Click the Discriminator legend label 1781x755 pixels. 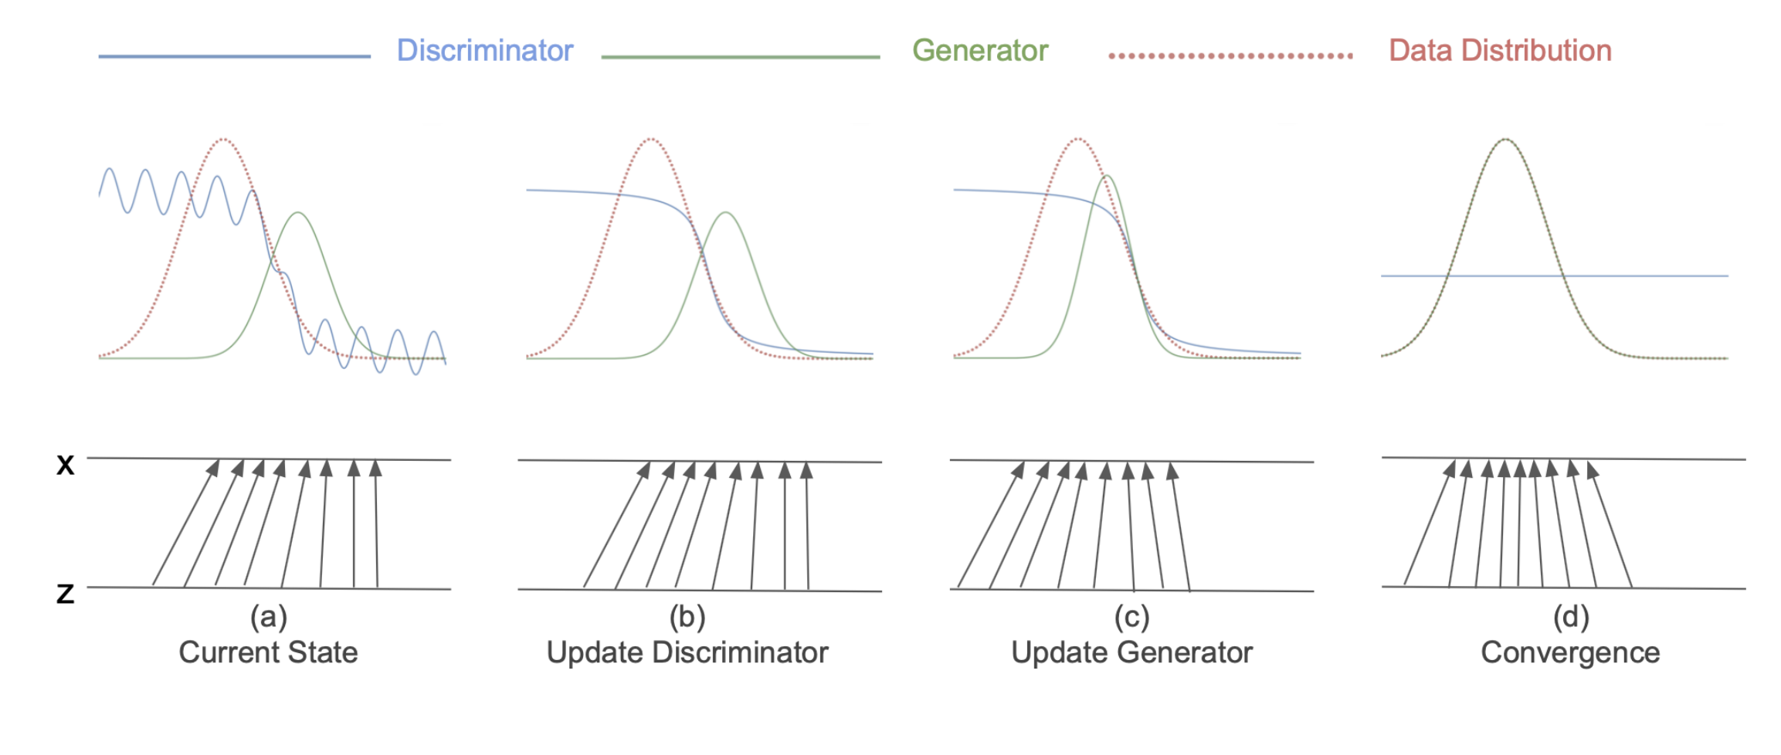tap(485, 51)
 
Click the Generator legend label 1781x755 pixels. tap(980, 51)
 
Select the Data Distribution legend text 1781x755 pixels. tap(1500, 51)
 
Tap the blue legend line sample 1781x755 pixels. tap(234, 56)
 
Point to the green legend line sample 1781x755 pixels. tap(740, 56)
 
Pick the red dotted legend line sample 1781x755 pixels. tap(1230, 56)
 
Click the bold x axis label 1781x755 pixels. tap(66, 464)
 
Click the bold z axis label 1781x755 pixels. tap(66, 593)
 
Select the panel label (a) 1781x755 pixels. tap(268, 617)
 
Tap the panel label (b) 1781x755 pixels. tap(687, 617)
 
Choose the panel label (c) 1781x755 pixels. tap(1131, 617)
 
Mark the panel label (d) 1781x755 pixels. tap(1570, 617)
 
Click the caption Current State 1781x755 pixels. tap(268, 652)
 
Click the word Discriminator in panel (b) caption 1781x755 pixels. tap(740, 652)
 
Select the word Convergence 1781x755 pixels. tap(1570, 653)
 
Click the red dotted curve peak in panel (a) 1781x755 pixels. tap(223, 140)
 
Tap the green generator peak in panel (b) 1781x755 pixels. tap(725, 212)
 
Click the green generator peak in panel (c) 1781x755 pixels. tap(1107, 176)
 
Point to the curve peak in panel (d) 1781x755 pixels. tap(1506, 140)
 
